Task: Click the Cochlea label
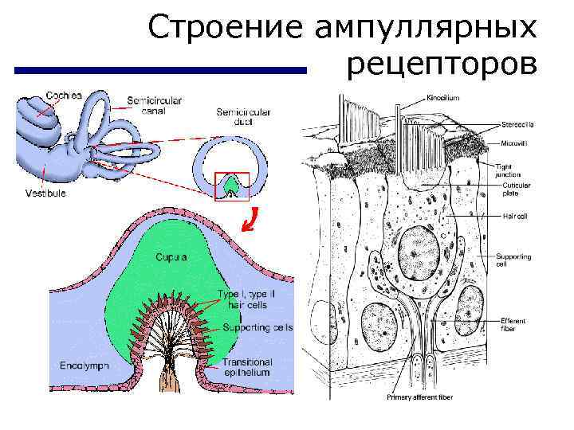coord(64,95)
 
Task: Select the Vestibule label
coord(45,193)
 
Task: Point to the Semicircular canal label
coord(154,106)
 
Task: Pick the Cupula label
coord(172,258)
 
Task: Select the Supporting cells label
coord(258,327)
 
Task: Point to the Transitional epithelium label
coord(246,366)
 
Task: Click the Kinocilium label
coord(442,98)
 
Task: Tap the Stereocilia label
coord(517,124)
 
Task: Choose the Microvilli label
coord(515,145)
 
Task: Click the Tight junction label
coord(508,169)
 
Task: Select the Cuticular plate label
coord(516,190)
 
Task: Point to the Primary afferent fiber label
coord(419,397)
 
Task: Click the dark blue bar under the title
coord(160,71)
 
